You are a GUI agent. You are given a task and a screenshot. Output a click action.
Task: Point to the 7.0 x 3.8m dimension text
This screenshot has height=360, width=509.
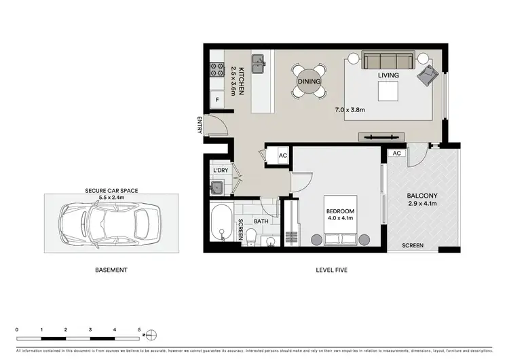pyautogui.click(x=350, y=109)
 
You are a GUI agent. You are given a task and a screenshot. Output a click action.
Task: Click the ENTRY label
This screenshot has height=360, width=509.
pyautogui.click(x=200, y=126)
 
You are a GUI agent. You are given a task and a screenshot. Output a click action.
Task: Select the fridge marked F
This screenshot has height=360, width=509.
pyautogui.click(x=217, y=100)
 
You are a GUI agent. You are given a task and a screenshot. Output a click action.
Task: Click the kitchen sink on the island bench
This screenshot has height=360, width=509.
pyautogui.click(x=259, y=65)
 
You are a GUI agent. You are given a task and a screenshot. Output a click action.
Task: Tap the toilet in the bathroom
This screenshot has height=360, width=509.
pyautogui.click(x=250, y=235)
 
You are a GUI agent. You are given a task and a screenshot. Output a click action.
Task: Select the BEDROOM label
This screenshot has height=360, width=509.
pyautogui.click(x=340, y=211)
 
